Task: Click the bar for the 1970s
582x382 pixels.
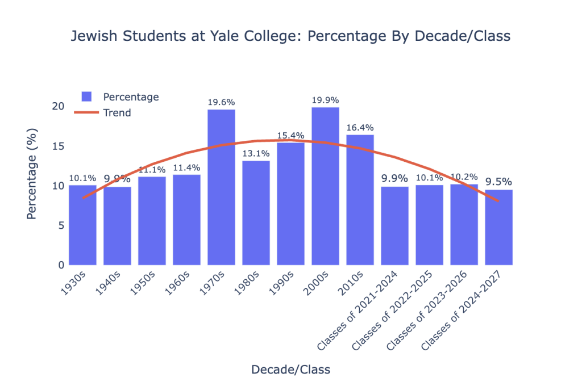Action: (x=221, y=187)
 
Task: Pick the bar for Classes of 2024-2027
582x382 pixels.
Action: (x=498, y=227)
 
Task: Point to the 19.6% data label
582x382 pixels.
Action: (x=221, y=102)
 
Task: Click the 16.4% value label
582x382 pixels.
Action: (x=360, y=128)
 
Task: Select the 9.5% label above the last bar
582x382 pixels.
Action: (x=498, y=182)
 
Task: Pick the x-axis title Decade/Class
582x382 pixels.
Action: (x=290, y=370)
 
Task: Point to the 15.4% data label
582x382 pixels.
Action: (x=290, y=136)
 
